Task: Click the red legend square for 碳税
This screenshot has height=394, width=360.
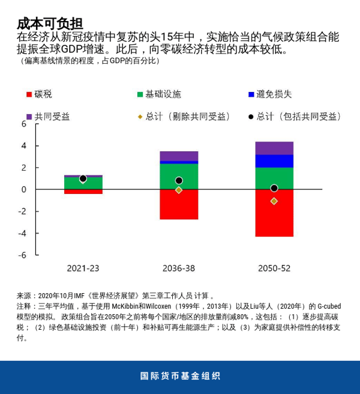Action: click(x=29, y=94)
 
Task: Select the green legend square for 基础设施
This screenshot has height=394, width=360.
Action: click(x=140, y=94)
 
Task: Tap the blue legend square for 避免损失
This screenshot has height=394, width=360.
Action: click(x=251, y=94)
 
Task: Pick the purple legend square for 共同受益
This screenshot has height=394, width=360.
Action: click(x=29, y=117)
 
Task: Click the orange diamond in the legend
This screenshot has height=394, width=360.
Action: click(x=140, y=117)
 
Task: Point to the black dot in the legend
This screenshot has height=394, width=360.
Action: click(x=251, y=117)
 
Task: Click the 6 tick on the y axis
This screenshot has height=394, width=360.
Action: click(x=24, y=124)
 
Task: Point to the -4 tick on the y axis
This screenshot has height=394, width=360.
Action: click(x=23, y=233)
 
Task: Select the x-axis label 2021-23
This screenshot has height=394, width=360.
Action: click(x=83, y=268)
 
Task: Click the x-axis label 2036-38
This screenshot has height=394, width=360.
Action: click(x=179, y=268)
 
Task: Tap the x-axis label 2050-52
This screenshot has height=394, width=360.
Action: click(x=274, y=268)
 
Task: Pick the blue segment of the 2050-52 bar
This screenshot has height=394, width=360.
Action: click(x=274, y=161)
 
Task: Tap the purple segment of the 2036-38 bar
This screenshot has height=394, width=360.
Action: click(x=179, y=156)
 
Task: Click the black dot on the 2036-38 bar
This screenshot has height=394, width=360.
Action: click(x=179, y=180)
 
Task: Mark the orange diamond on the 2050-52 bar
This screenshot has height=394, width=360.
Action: click(x=274, y=201)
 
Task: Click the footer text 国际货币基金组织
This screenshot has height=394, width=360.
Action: click(x=180, y=377)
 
